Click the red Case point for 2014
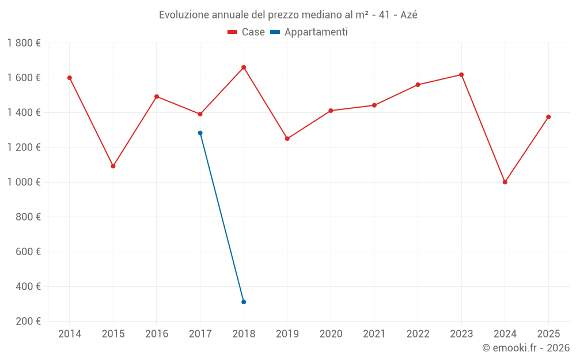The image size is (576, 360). click(70, 78)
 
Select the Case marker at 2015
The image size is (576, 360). click(113, 166)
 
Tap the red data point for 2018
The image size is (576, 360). click(244, 67)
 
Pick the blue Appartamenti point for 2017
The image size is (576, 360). click(200, 133)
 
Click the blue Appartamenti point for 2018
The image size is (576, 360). click(244, 302)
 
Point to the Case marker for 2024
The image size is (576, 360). click(505, 182)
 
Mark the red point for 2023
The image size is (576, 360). click(461, 75)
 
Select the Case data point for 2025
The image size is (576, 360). click(548, 117)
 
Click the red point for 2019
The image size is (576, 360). click(287, 139)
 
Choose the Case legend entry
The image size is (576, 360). click(247, 32)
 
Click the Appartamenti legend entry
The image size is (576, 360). click(309, 32)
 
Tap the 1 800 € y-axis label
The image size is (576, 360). click(24, 43)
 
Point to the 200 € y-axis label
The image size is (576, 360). click(28, 321)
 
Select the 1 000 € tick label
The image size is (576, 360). click(24, 182)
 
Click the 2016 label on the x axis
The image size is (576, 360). click(157, 334)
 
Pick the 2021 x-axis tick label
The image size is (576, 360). click(374, 334)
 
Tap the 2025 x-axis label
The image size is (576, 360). click(548, 334)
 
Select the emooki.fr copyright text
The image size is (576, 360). click(526, 348)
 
